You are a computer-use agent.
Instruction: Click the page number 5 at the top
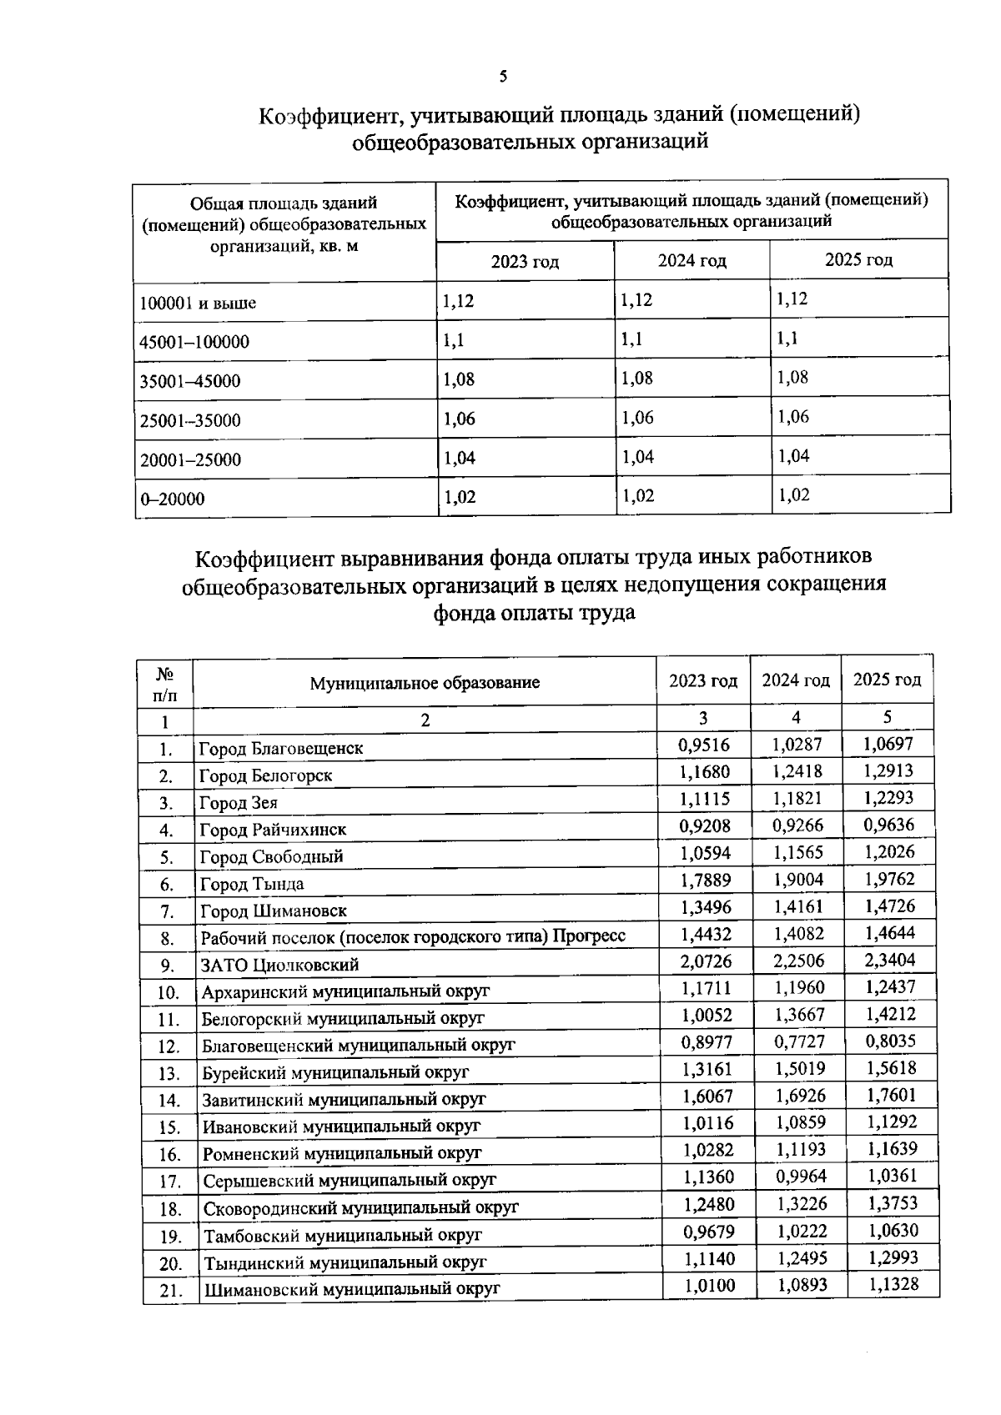(x=502, y=78)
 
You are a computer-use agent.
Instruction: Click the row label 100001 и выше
(x=198, y=304)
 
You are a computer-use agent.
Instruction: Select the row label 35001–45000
(x=190, y=382)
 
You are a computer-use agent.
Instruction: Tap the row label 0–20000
(x=172, y=499)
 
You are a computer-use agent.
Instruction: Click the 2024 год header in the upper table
(x=692, y=261)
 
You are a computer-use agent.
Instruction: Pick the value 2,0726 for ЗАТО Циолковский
(x=706, y=961)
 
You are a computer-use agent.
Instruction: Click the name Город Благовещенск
(x=280, y=748)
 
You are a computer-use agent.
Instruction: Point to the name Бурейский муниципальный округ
(x=335, y=1072)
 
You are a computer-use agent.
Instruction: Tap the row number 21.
(x=170, y=1290)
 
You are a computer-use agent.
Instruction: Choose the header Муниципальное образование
(x=425, y=683)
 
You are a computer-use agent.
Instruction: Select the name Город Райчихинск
(x=272, y=830)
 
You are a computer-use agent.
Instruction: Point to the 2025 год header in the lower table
(x=887, y=680)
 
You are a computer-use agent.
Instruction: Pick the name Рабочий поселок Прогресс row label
(x=413, y=937)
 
